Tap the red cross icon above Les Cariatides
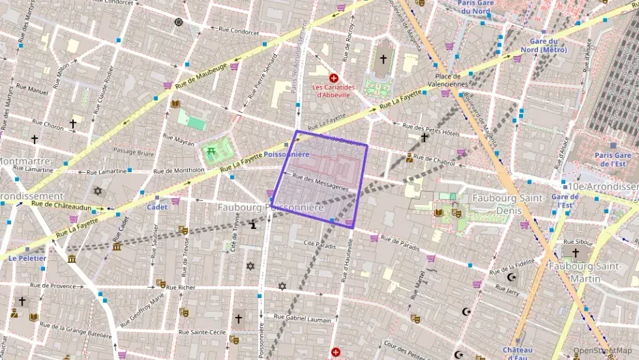(333, 79)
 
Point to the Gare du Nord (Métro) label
(544, 46)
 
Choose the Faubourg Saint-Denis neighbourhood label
(507, 198)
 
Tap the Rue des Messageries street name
(320, 182)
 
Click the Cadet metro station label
(157, 206)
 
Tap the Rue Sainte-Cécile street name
(202, 331)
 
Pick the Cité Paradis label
(319, 243)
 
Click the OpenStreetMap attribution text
(602, 351)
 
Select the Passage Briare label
(132, 152)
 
